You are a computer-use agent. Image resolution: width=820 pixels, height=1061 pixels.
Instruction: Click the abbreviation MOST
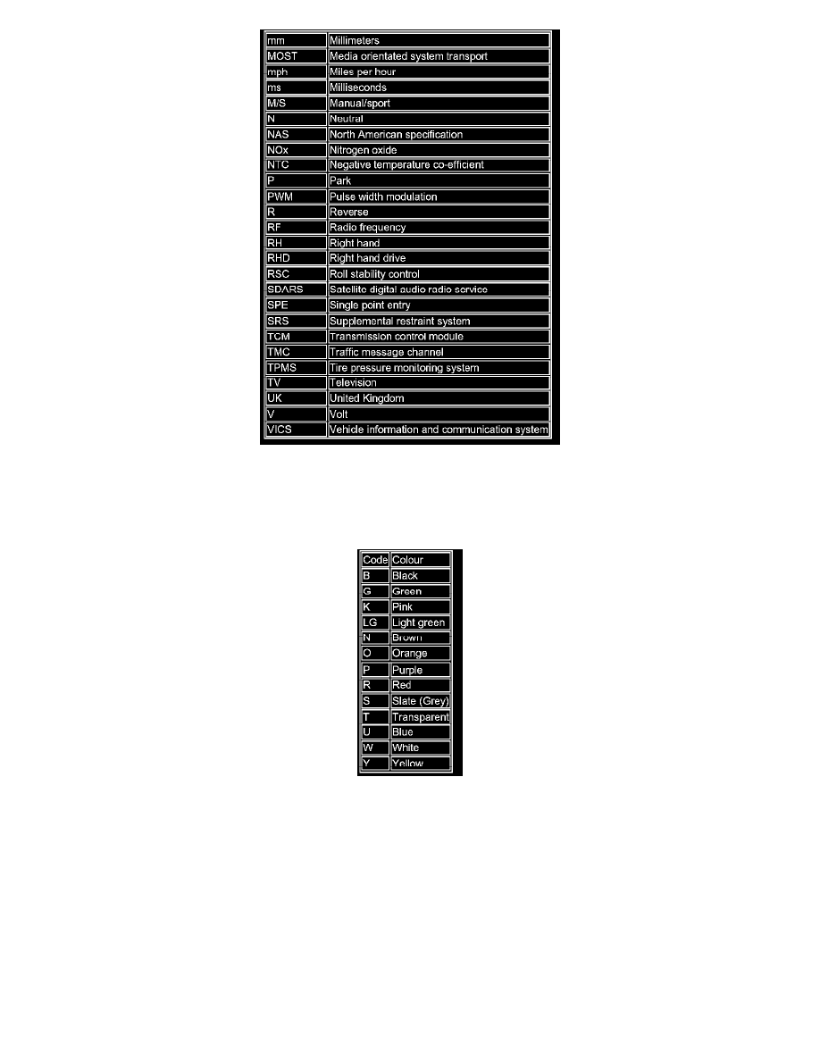point(282,56)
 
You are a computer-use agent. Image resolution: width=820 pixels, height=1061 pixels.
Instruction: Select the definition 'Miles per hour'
point(363,71)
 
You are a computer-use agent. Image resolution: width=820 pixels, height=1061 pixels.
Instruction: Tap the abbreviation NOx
point(278,150)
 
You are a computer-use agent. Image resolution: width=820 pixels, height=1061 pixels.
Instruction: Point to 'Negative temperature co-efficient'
point(406,165)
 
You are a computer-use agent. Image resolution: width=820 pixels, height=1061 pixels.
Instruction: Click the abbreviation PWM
point(280,196)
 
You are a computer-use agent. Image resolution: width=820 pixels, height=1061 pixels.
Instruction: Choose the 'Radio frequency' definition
point(367,228)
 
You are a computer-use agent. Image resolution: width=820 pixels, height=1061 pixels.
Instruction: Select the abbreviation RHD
point(279,258)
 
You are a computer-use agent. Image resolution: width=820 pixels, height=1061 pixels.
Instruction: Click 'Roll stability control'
point(375,274)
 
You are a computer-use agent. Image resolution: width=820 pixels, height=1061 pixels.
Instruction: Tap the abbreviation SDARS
point(285,289)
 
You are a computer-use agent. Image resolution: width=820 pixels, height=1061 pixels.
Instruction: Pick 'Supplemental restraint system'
point(400,322)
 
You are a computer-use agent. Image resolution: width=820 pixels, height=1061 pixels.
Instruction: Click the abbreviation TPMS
point(282,368)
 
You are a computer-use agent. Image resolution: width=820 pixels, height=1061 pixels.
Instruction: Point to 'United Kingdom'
point(367,398)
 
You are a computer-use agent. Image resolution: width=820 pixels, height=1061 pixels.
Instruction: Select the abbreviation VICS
point(280,430)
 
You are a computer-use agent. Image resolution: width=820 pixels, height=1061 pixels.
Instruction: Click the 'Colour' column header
point(407,560)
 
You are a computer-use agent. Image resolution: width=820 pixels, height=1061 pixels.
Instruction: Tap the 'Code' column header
point(375,560)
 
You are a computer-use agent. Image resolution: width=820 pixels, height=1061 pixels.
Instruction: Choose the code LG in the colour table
point(370,622)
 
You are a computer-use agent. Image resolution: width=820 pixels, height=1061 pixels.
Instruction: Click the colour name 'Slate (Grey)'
point(420,701)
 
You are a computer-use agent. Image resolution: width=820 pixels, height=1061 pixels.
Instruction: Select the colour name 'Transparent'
point(420,717)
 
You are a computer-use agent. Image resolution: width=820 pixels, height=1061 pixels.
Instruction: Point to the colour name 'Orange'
point(409,654)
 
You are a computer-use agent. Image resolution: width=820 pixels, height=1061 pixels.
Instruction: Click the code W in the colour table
point(368,748)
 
